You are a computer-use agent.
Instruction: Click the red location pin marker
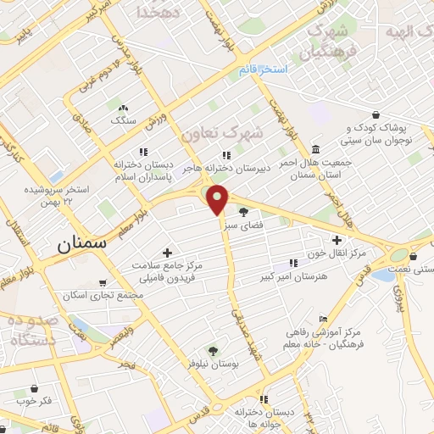[x=218, y=198]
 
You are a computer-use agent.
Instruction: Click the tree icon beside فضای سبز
[x=244, y=212]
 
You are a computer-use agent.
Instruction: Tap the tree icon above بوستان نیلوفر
[x=213, y=350]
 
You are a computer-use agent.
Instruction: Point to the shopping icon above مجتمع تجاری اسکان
[x=103, y=282]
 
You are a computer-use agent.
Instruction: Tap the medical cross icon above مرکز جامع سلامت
[x=167, y=253]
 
